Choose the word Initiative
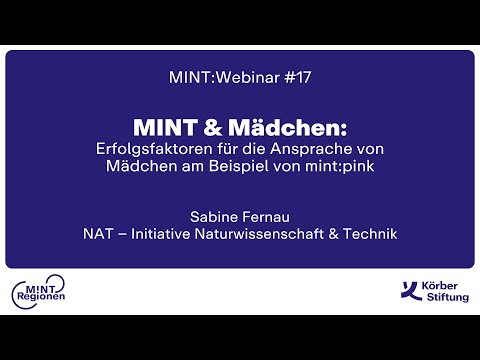166,234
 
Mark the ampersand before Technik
332,234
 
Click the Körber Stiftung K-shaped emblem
407,292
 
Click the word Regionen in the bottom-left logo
41,299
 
